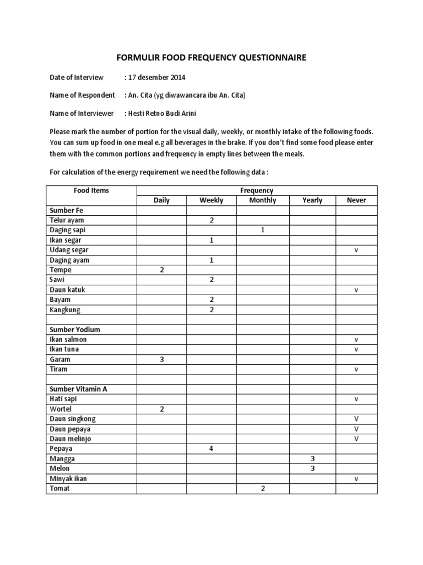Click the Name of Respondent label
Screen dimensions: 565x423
(82, 95)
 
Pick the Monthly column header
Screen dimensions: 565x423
(263, 200)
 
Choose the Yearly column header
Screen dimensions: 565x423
(312, 200)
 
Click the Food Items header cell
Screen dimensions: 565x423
(91, 190)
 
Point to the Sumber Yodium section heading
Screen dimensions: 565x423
(75, 329)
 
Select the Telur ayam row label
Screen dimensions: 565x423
(67, 220)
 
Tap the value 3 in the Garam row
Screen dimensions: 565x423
(162, 359)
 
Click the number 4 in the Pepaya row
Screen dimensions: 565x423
(211, 449)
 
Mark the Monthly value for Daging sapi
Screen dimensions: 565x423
(263, 230)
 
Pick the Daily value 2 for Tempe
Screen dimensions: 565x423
(162, 270)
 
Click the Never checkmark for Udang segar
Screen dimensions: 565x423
(356, 250)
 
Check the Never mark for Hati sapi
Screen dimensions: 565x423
(356, 399)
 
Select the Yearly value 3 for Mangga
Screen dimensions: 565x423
(312, 459)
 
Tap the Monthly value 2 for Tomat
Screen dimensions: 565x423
(263, 488)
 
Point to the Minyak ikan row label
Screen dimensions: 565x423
(68, 478)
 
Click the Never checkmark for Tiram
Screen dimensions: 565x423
(356, 369)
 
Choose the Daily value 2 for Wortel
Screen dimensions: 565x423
(162, 409)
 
